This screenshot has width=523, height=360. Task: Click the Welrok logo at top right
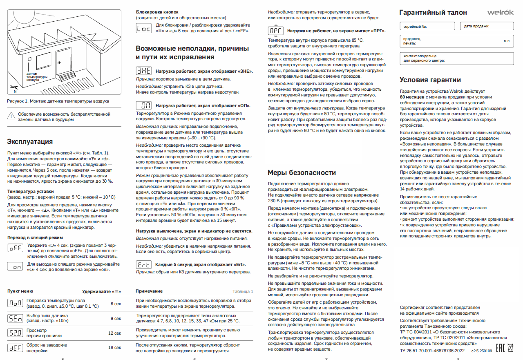[501, 12]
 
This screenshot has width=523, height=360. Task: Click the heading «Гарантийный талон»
[433, 13]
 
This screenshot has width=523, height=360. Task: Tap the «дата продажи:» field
[487, 26]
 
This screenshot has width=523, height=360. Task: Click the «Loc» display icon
[143, 28]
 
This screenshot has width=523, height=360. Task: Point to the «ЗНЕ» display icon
[143, 71]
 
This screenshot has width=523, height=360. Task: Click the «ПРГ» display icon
[275, 31]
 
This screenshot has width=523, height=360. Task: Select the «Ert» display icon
[143, 264]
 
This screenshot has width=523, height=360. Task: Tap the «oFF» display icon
[16, 248]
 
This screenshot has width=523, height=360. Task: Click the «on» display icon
[16, 266]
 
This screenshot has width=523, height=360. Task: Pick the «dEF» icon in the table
[16, 348]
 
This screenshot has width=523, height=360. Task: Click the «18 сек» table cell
[114, 347]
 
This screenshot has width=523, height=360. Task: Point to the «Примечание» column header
[149, 291]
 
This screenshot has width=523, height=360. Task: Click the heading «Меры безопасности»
[302, 172]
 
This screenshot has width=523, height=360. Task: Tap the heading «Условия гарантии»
[430, 80]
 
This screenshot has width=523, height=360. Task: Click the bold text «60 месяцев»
[413, 97]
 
